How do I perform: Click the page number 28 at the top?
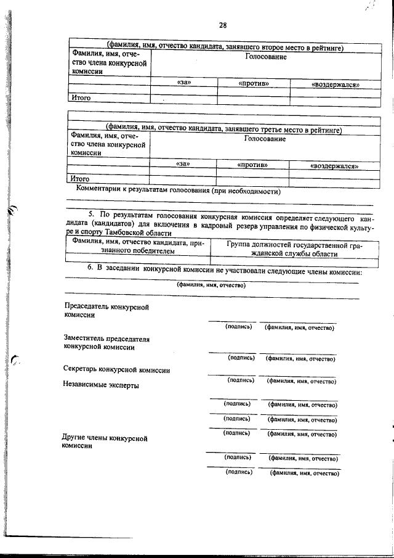point(222,25)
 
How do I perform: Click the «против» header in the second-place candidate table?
point(253,83)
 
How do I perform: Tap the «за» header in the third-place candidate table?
point(183,164)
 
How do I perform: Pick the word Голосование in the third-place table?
point(265,139)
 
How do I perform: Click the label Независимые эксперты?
point(101,385)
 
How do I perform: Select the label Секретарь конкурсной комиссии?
point(116,370)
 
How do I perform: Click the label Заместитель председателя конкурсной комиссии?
point(106,343)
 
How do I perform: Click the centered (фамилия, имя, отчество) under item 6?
point(211,285)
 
